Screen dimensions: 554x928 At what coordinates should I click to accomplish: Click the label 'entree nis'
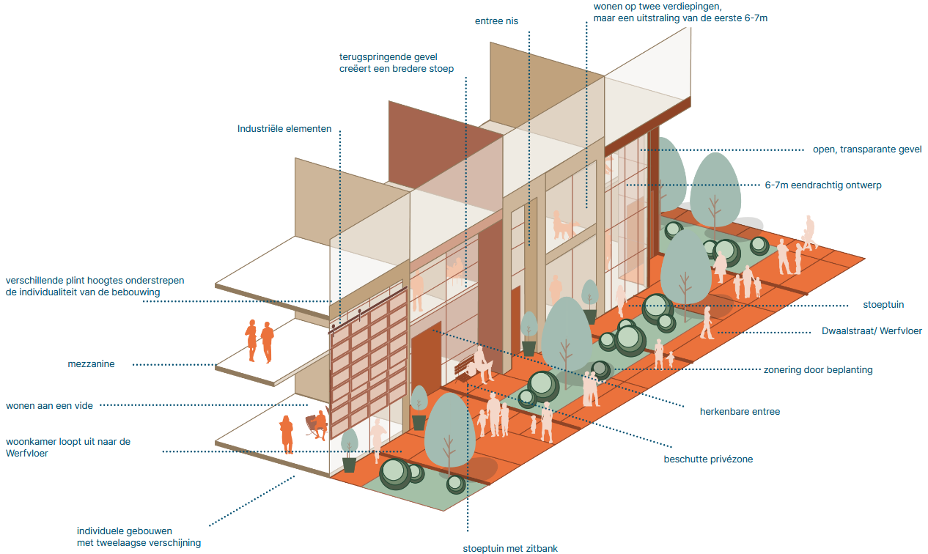pos(496,21)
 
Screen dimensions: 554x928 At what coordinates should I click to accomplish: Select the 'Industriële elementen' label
pos(284,129)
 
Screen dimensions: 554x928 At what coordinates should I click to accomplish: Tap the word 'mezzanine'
pos(91,364)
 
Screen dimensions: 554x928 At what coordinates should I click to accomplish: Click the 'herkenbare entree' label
pos(740,412)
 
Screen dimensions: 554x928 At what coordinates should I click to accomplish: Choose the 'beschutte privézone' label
pos(708,459)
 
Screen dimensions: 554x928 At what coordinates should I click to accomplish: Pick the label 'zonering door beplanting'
pos(818,370)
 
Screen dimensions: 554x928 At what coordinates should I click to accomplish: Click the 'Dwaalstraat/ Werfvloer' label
pos(872,331)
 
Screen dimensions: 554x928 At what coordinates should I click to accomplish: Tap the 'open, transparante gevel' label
pos(867,149)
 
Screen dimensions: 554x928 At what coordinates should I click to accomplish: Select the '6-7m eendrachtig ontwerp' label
pos(823,185)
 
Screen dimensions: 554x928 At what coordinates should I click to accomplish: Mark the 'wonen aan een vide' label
pos(49,405)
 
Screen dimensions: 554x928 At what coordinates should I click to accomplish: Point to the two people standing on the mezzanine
pos(259,341)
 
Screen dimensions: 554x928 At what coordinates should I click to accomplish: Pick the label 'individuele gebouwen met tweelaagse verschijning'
pos(139,537)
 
